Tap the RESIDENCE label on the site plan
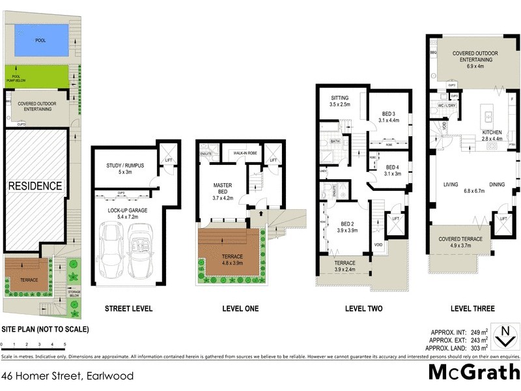[x=35, y=186]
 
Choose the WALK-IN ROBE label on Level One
[x=242, y=154]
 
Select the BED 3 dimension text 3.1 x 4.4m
[x=392, y=120]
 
